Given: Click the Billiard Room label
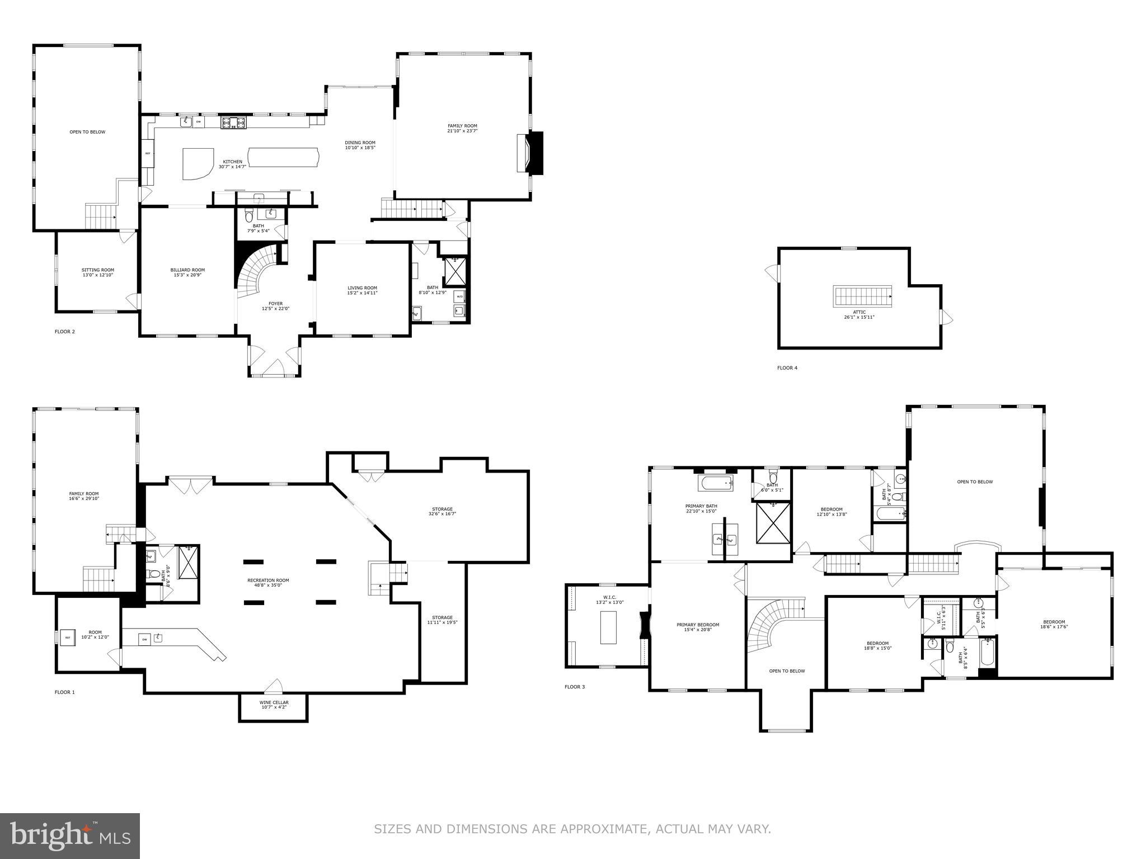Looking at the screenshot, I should point(187,270).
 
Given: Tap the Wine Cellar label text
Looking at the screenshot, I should point(274,702).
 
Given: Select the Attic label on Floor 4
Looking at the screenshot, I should point(859,312).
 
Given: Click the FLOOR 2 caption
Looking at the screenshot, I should point(64,332).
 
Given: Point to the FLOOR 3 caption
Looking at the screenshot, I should point(575,687).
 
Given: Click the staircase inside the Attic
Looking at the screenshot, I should point(862,295).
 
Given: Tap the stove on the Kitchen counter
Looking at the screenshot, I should point(233,122).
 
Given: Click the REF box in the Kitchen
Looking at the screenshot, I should point(148,153).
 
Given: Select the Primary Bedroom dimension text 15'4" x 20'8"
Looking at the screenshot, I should point(697,630).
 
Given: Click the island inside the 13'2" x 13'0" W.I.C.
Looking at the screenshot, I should point(608,627).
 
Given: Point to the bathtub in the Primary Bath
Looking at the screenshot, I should point(715,482).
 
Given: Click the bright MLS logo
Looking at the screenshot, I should point(70,836).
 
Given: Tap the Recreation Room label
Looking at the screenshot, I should point(268,580).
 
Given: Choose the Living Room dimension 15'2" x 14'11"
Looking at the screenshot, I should point(362,292).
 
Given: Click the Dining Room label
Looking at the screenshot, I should point(360,143).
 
